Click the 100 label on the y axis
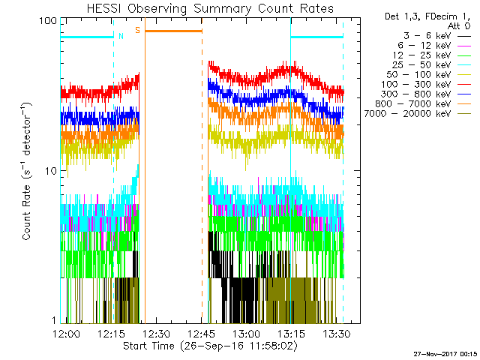(49, 21)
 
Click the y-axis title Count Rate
(27, 171)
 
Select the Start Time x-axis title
(204, 346)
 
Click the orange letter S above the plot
(137, 30)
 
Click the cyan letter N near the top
(121, 35)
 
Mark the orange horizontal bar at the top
(173, 31)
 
